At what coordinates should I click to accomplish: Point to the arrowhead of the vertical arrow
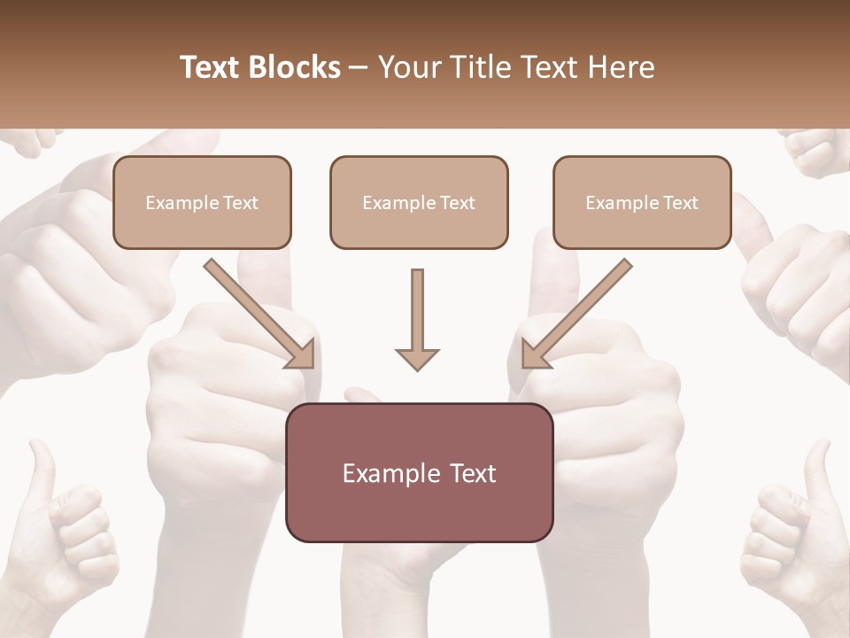(417, 358)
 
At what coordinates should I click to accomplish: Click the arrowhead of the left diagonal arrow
(301, 354)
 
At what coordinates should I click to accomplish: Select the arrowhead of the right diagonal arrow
(535, 354)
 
